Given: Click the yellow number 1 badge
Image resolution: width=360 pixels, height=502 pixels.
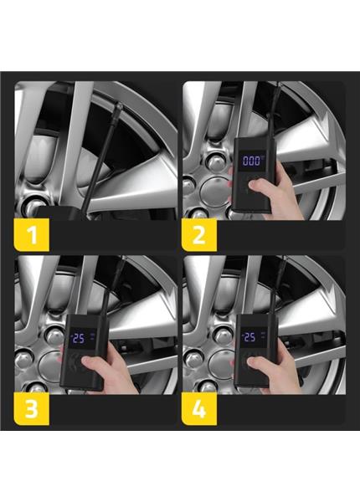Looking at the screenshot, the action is (x=31, y=234).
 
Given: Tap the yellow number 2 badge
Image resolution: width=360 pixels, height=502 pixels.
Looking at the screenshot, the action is (x=199, y=234).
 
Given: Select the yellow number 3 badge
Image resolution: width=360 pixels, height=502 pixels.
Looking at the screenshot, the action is (x=31, y=409).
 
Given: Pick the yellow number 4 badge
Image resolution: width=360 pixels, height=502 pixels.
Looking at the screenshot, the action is (x=199, y=409).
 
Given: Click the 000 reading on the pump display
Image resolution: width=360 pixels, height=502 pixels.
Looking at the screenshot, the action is (x=251, y=161).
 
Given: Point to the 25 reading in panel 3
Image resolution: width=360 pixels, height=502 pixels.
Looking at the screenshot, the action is (x=78, y=338).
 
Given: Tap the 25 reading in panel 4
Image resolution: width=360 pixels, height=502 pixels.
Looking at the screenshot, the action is (x=249, y=337).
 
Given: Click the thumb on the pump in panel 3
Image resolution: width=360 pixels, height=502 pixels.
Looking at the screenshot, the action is (x=90, y=363).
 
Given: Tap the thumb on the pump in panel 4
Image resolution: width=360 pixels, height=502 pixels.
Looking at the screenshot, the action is (x=257, y=363).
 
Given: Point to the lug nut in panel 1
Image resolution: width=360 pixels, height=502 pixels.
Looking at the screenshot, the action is (x=32, y=207).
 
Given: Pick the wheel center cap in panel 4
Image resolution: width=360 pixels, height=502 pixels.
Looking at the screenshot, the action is (x=220, y=364).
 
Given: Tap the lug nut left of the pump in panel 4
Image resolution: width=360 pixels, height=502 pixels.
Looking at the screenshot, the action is (x=223, y=336).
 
